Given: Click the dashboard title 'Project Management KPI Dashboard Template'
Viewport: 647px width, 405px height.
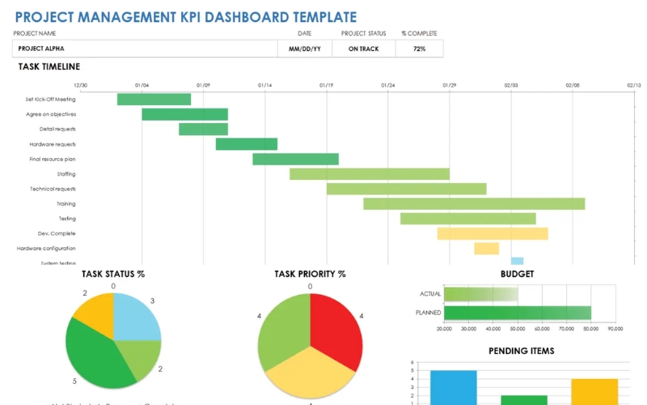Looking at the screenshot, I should pos(185,16).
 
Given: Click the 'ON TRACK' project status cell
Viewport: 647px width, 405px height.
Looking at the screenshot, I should pos(364,49).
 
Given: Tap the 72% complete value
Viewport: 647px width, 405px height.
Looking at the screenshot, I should pos(419,49).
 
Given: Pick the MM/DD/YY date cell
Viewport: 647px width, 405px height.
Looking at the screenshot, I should pos(304,49).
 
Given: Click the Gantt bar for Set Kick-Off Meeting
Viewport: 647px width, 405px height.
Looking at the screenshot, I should pos(154,100).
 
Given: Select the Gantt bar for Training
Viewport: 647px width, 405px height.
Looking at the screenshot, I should pos(474,203).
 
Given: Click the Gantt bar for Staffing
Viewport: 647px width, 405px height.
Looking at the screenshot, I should pos(370,174).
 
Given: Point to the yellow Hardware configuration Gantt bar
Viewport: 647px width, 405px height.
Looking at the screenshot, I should pos(486,249).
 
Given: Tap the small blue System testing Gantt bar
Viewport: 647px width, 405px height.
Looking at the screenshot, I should pos(517,261).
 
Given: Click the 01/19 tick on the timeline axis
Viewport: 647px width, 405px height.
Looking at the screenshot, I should pos(326,85).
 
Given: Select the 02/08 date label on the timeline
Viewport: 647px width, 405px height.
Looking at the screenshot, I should pos(573,85).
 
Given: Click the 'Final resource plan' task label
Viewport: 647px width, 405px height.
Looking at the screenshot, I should pos(53,159).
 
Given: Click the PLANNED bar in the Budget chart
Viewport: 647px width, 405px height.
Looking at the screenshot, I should pos(518,313).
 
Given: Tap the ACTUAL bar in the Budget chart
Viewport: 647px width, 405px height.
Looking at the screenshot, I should pos(480,294).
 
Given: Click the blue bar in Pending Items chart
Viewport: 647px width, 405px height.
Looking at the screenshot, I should pos(453,387).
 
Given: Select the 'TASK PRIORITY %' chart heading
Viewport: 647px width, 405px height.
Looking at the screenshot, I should pos(310,274).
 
